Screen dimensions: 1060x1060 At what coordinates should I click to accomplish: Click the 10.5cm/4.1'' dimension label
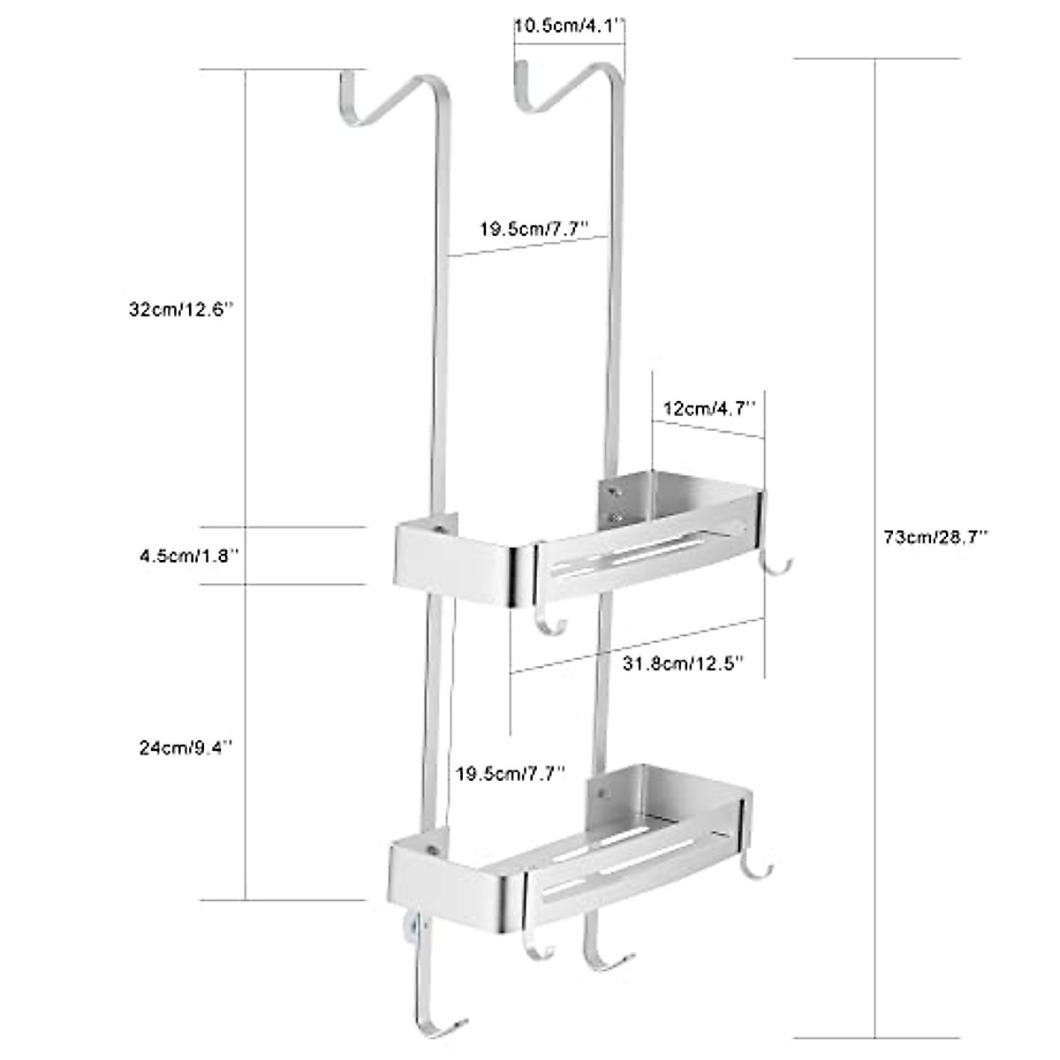570,26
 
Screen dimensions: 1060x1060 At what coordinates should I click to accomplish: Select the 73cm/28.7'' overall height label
935,536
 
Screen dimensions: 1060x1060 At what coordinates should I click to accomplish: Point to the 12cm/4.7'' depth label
709,408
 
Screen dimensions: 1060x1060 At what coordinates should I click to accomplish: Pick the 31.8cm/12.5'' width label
683,662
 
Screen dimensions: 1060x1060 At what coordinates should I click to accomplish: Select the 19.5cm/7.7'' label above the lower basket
510,774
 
